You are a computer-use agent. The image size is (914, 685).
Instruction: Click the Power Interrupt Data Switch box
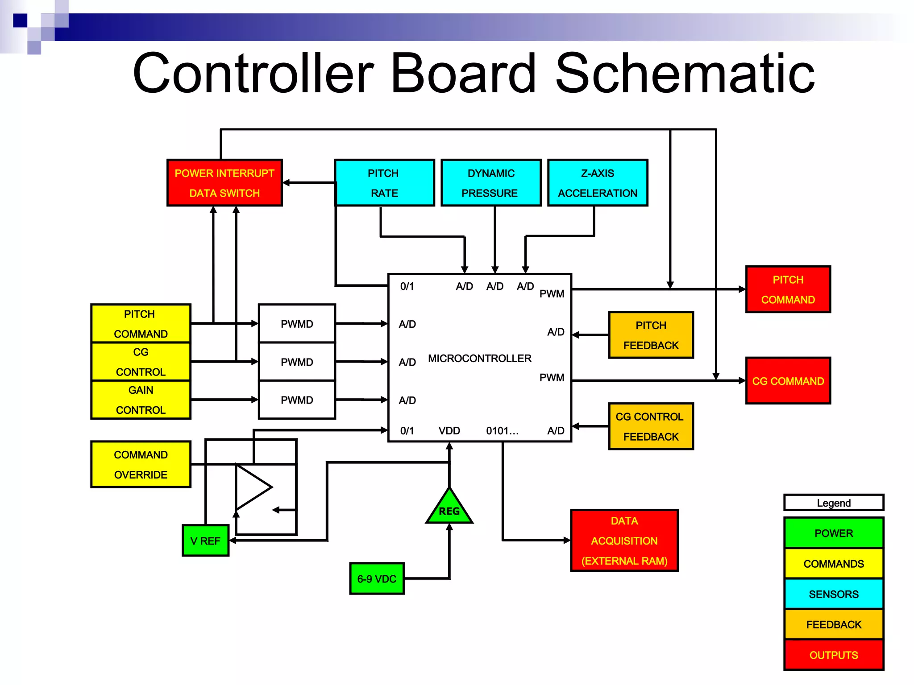[x=224, y=183]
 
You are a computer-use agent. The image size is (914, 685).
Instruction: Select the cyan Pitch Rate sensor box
[x=384, y=183]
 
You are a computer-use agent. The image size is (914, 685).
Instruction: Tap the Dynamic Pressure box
[x=491, y=183]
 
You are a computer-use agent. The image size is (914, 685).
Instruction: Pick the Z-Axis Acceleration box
[x=598, y=183]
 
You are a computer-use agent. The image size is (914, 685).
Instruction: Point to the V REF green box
[x=205, y=541]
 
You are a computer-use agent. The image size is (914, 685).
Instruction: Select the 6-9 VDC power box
[x=377, y=579]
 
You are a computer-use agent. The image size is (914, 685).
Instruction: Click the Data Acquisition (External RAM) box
[x=624, y=541]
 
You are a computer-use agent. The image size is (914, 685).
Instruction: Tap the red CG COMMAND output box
[x=788, y=381]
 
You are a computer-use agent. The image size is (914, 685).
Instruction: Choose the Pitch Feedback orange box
[x=651, y=335]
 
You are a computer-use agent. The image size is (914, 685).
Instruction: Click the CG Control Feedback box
[x=651, y=426]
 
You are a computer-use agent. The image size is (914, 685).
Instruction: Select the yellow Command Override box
[x=141, y=464]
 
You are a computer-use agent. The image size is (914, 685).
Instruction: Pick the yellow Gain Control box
[x=141, y=400]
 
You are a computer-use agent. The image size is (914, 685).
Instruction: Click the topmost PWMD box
[x=297, y=324]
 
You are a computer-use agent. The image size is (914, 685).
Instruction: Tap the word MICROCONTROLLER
[x=480, y=359]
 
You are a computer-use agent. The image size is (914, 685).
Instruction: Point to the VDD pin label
[x=449, y=431]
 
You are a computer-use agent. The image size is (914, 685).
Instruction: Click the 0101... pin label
[x=502, y=431]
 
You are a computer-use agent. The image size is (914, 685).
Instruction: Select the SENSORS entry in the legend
[x=834, y=594]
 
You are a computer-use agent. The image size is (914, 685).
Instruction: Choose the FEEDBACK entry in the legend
[x=834, y=624]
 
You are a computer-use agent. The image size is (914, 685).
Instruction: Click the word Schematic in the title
[x=685, y=74]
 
